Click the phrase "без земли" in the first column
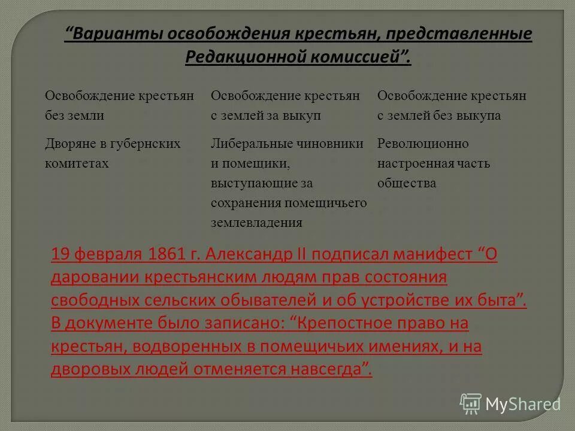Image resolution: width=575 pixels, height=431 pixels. point(74,116)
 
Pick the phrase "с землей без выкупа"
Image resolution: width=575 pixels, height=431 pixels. point(439,116)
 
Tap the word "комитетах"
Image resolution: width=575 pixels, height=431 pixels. point(77,163)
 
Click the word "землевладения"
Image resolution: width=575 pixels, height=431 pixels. point(256,223)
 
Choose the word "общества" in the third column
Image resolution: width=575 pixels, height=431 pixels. point(407,183)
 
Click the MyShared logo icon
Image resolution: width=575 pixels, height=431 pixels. point(471,403)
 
